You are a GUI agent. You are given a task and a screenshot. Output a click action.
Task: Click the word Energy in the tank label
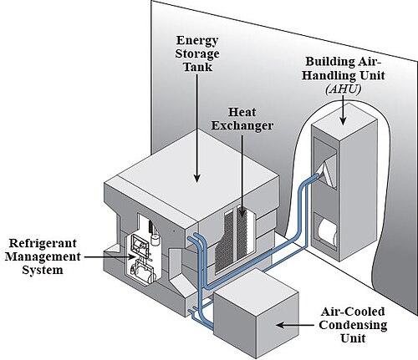point(196,41)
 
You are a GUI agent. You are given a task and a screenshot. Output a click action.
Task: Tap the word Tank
point(197,67)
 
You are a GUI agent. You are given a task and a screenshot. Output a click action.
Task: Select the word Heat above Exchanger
point(242,112)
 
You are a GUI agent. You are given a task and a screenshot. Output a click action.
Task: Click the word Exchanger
point(242,125)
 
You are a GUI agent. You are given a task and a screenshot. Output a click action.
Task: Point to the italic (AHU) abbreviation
point(343,89)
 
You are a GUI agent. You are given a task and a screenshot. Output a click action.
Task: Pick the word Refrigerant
point(43,243)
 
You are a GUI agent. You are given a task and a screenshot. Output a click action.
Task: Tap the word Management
point(43,256)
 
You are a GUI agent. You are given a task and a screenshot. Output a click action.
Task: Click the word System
point(43,270)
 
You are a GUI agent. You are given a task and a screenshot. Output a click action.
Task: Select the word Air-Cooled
point(353,312)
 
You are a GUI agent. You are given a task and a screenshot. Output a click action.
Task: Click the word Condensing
point(353,325)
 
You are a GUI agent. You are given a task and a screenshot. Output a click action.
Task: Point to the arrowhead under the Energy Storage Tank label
point(197,178)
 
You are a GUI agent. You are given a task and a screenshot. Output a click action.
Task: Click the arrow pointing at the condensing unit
point(294,325)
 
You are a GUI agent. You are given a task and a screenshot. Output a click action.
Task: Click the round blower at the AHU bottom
point(327,231)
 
